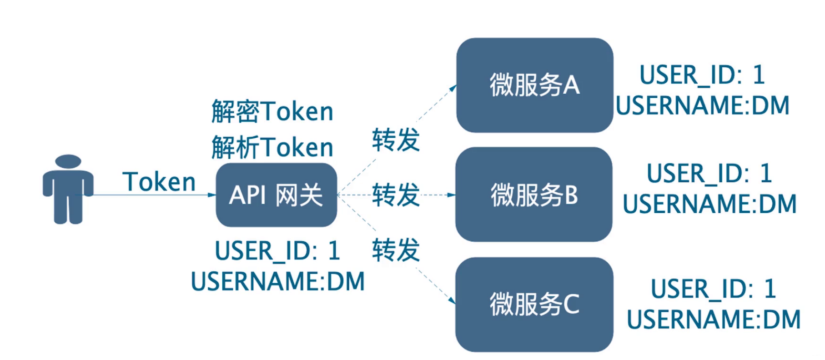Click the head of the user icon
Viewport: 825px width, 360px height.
tap(68, 161)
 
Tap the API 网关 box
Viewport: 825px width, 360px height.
tap(277, 195)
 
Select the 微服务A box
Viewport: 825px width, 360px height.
tap(535, 85)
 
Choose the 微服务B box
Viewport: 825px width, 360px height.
tap(534, 194)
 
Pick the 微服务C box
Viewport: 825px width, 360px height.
tap(534, 304)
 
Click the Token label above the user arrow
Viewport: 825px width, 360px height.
tap(159, 182)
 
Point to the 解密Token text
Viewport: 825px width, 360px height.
tap(272, 111)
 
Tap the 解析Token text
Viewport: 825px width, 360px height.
tap(272, 147)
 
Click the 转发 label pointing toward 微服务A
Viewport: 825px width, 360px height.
tap(396, 140)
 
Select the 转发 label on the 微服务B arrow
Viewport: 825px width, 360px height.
tap(396, 195)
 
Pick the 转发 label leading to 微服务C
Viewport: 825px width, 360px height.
tap(396, 250)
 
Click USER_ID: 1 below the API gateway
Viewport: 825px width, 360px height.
tap(277, 251)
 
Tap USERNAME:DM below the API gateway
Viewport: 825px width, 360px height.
tap(278, 281)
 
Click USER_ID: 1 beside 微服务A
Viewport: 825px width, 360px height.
tap(702, 75)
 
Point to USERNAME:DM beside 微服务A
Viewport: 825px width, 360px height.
tap(703, 105)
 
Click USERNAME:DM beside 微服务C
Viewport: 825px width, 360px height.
tap(714, 320)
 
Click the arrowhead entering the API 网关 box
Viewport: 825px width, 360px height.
tap(212, 195)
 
